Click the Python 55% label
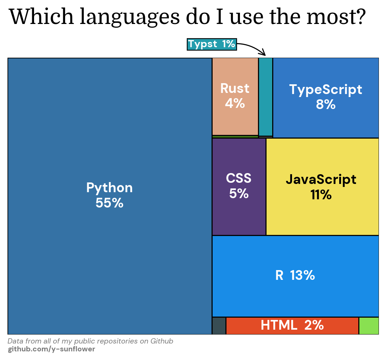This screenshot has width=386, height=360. click(109, 195)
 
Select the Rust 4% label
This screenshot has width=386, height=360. click(235, 96)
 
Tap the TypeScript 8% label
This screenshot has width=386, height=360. click(326, 97)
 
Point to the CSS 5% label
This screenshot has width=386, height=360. click(239, 186)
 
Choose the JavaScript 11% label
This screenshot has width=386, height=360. click(321, 187)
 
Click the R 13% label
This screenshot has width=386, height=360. click(295, 275)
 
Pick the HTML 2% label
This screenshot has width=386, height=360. click(292, 325)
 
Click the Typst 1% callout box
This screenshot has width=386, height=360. click(212, 44)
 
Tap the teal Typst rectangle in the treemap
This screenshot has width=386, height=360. click(265, 97)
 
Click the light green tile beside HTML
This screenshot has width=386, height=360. click(369, 326)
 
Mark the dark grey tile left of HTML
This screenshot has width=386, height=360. click(219, 326)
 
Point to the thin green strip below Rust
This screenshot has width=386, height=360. click(235, 137)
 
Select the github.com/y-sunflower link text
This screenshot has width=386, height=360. click(51, 349)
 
